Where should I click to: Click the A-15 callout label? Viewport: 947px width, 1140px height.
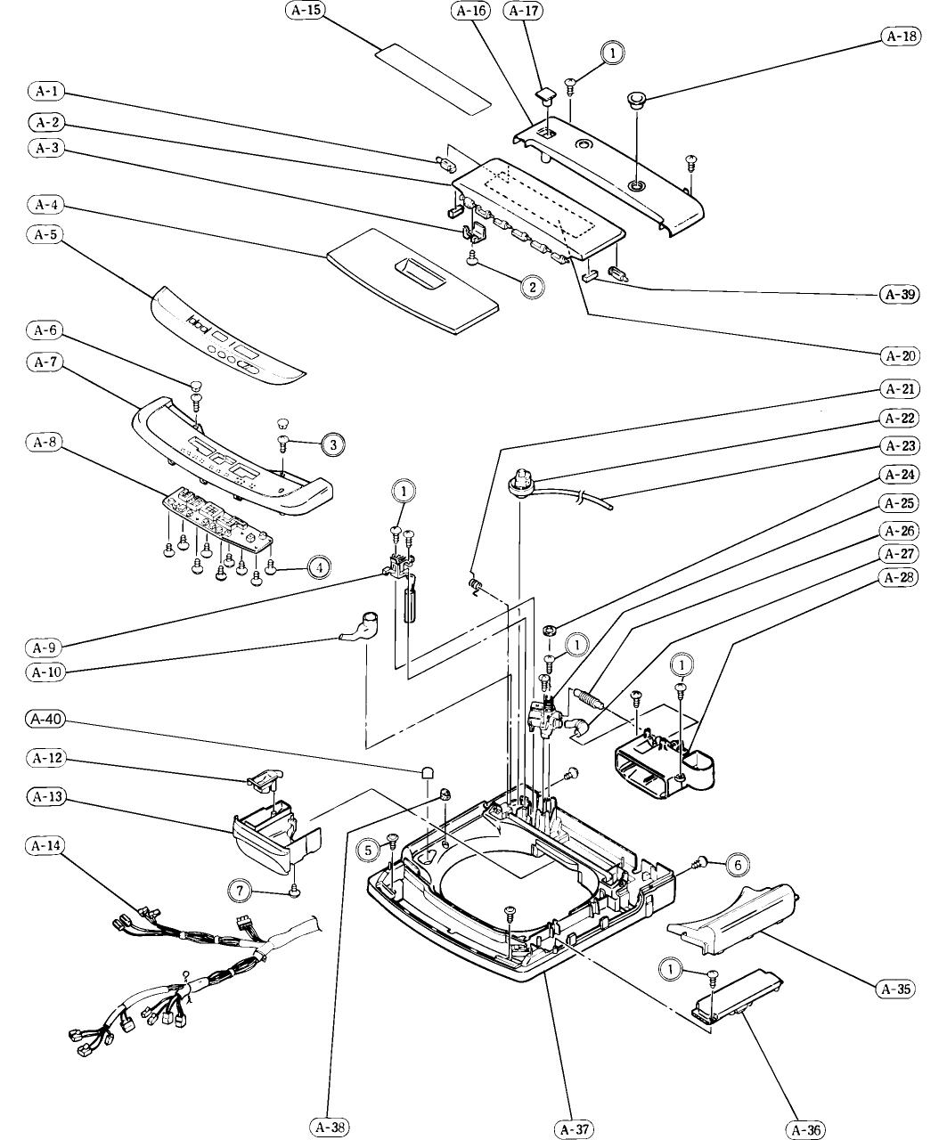coord(305,11)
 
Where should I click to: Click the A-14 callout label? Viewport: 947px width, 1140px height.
coord(45,843)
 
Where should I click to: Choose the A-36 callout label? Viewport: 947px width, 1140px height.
coord(805,1129)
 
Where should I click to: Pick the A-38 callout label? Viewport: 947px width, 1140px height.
coord(329,1127)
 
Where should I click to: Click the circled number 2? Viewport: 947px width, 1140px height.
coord(532,287)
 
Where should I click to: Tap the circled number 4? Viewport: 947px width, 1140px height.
coord(320,566)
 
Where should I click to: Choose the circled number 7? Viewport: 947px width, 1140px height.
coord(239,888)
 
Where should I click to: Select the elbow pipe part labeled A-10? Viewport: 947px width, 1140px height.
coord(362,624)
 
